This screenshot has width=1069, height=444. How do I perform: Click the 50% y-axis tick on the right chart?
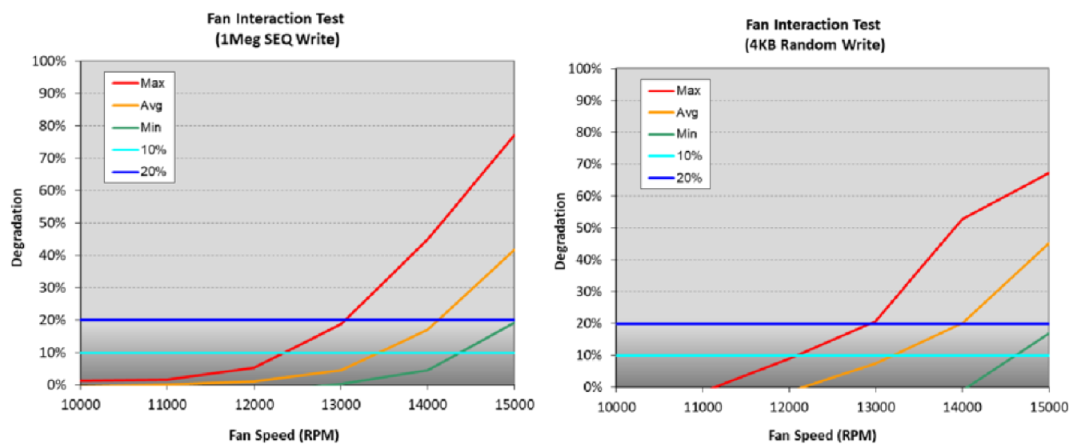[x=591, y=228]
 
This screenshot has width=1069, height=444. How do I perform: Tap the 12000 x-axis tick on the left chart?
[x=254, y=404]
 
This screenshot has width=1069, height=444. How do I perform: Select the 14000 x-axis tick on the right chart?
[x=963, y=406]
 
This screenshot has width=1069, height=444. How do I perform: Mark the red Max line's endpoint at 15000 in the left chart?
[x=514, y=135]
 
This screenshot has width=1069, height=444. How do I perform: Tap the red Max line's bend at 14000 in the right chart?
[x=963, y=218]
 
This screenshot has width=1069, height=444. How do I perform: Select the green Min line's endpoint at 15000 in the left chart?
[x=514, y=322]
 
